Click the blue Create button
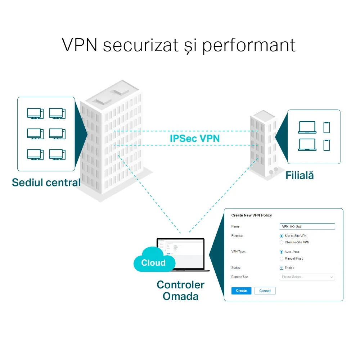tap(241, 291)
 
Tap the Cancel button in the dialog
tap(265, 291)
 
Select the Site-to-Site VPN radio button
tap(282, 236)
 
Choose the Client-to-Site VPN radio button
tap(282, 242)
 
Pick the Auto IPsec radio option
tap(282, 252)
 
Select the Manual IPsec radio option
tap(282, 258)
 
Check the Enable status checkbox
tap(282, 268)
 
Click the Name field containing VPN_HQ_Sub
tap(307, 226)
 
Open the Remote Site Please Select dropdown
tap(307, 277)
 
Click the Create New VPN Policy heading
tap(251, 215)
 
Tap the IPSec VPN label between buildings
tap(195, 138)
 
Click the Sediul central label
tap(46, 182)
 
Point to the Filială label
tap(300, 175)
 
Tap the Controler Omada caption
tap(180, 291)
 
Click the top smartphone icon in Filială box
tap(327, 127)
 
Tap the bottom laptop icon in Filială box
tap(307, 145)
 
